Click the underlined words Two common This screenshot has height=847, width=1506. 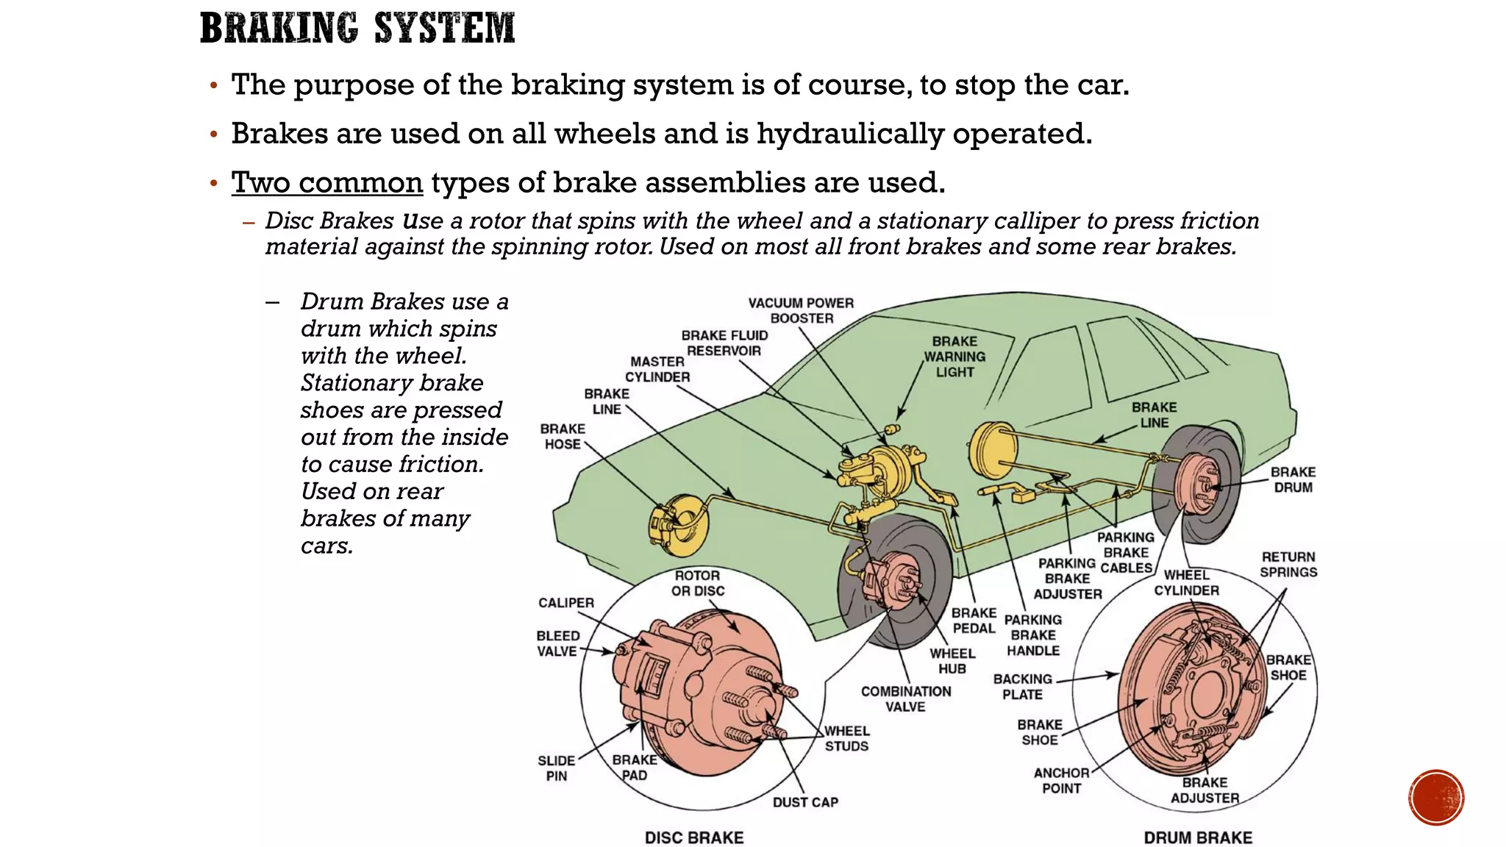[327, 182]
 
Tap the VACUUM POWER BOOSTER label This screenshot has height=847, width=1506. [801, 310]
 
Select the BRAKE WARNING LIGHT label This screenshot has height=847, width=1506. [954, 357]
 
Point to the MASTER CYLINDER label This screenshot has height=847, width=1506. [657, 369]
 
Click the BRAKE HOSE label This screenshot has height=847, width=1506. [563, 436]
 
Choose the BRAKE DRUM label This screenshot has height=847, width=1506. [1293, 479]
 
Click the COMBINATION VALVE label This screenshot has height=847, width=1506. [906, 698]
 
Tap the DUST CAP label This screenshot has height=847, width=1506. [805, 802]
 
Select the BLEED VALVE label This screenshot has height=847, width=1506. [557, 643]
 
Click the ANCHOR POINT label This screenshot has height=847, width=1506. [1061, 780]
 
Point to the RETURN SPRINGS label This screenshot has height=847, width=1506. [1288, 564]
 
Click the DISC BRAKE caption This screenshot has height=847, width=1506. [694, 837]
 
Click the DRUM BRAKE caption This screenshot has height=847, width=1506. [1198, 837]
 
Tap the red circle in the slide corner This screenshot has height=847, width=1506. [1436, 797]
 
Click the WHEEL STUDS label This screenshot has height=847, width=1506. [846, 738]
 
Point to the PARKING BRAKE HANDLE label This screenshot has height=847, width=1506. [1033, 635]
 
